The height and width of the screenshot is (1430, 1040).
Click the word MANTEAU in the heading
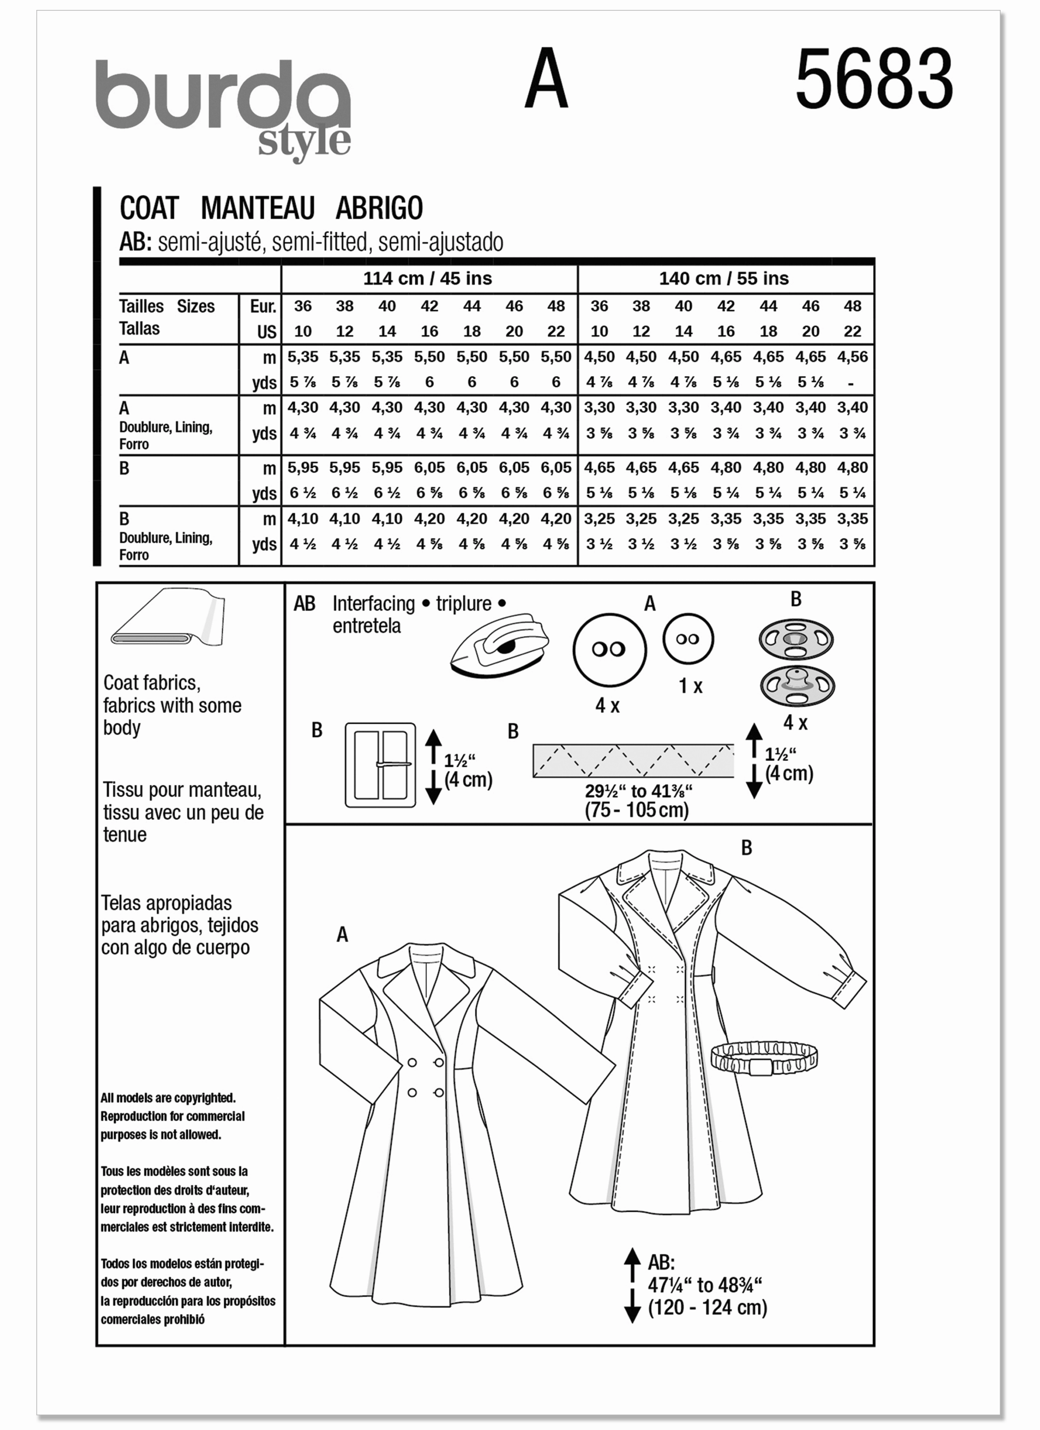click(x=257, y=208)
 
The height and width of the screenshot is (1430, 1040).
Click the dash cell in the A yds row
click(x=851, y=383)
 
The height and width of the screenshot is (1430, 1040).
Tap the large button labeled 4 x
click(x=609, y=650)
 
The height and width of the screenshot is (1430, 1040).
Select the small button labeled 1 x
click(x=688, y=639)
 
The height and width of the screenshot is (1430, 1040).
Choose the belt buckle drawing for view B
click(x=380, y=765)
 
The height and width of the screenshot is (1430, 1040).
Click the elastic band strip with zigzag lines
click(x=633, y=760)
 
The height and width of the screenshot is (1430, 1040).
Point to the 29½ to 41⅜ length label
click(x=638, y=791)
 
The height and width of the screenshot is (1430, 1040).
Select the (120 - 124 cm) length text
click(x=707, y=1308)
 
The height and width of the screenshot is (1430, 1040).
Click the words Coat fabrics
click(x=151, y=683)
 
